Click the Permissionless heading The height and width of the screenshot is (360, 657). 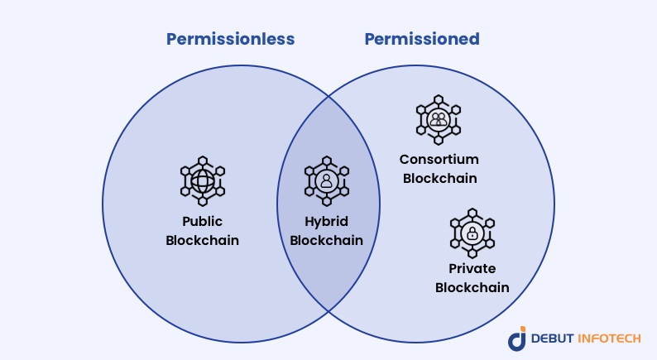pos(230,38)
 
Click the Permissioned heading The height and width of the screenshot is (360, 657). pos(422,38)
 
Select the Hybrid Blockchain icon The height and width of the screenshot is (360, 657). pos(327,180)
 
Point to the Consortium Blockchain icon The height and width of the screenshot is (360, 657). pos(439,119)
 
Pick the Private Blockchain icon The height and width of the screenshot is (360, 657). pos(472,233)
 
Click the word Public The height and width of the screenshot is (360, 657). pos(203,222)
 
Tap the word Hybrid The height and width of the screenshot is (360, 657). pos(327,222)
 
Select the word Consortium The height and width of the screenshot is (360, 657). pos(439,159)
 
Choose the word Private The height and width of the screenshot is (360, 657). pos(472,269)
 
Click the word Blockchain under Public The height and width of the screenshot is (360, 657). pos(203,241)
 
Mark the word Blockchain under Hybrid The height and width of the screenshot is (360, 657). pos(327,241)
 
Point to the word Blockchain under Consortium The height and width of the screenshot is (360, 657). pos(439,178)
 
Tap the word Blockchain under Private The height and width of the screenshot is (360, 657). pos(472,288)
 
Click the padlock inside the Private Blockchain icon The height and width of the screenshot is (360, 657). pos(472,233)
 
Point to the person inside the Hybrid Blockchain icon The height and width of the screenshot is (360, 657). pos(327,180)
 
